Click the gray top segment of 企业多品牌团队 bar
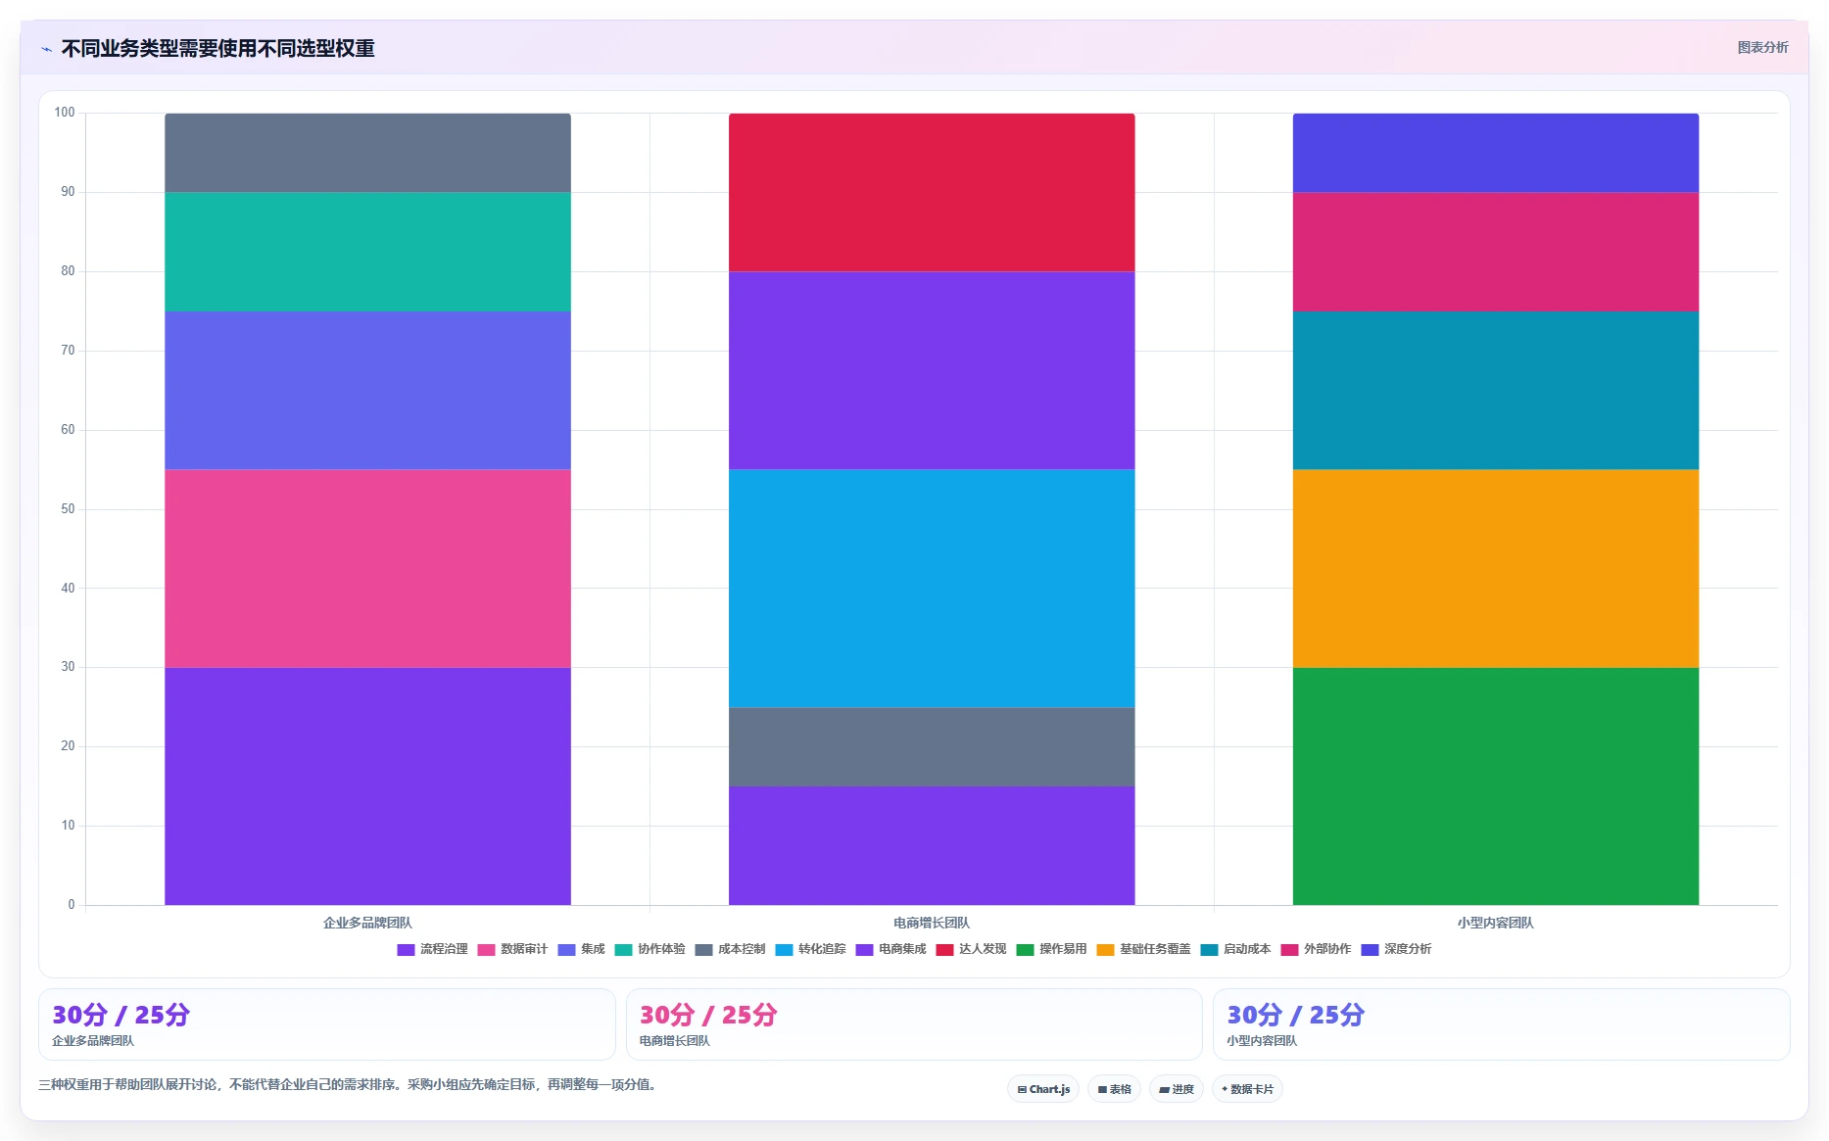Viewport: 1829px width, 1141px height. click(x=367, y=153)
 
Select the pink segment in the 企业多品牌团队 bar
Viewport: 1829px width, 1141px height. click(x=367, y=568)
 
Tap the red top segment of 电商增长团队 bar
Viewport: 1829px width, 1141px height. click(x=932, y=192)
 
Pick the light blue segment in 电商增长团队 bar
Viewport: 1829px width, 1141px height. click(x=932, y=588)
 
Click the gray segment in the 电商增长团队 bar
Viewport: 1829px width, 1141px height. click(x=932, y=746)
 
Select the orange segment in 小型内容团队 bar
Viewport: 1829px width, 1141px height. click(x=1496, y=568)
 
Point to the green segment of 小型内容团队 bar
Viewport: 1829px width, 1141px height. click(x=1496, y=785)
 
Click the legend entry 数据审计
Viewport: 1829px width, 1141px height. click(x=512, y=949)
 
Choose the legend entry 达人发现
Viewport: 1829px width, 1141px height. click(x=971, y=949)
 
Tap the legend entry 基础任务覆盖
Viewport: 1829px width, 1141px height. click(x=1143, y=949)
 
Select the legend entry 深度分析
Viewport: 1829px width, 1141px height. click(x=1396, y=949)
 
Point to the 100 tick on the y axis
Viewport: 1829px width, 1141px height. click(x=65, y=113)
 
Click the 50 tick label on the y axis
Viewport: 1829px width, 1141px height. click(x=68, y=509)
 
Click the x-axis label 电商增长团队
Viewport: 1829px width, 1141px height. click(x=932, y=923)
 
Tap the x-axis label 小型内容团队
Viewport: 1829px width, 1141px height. click(x=1496, y=923)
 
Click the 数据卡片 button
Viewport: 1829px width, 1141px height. click(x=1247, y=1089)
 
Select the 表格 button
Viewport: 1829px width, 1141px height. click(x=1114, y=1089)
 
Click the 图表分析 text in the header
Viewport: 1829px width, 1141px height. click(x=1762, y=47)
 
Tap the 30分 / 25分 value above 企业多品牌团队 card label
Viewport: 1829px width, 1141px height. click(x=120, y=1015)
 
